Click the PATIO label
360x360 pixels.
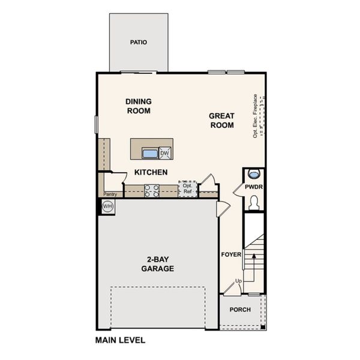point(139,43)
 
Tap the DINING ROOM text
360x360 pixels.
point(139,106)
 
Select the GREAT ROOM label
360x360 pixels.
point(221,120)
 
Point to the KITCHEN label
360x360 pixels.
point(151,172)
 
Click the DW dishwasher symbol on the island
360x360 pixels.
point(164,154)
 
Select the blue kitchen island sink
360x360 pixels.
point(149,154)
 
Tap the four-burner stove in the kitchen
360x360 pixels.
point(152,191)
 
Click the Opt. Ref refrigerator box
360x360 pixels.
point(187,188)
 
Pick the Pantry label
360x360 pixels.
point(110,194)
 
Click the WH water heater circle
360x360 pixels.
point(107,206)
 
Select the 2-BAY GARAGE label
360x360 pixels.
point(158,264)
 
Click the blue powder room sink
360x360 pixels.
point(254,175)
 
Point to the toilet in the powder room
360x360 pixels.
point(254,203)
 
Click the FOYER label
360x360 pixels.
point(232,254)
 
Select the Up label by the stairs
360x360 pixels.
point(238,281)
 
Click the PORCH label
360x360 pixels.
point(240,310)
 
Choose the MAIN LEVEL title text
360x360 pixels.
point(120,340)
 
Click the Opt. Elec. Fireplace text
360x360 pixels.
point(255,116)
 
